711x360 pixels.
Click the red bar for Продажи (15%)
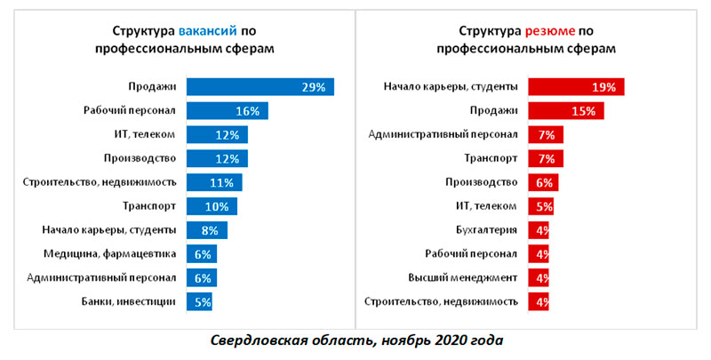click(x=566, y=111)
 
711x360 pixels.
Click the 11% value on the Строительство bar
click(x=223, y=183)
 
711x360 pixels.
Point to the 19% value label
click(x=604, y=87)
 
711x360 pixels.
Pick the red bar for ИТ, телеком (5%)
click(x=540, y=207)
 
